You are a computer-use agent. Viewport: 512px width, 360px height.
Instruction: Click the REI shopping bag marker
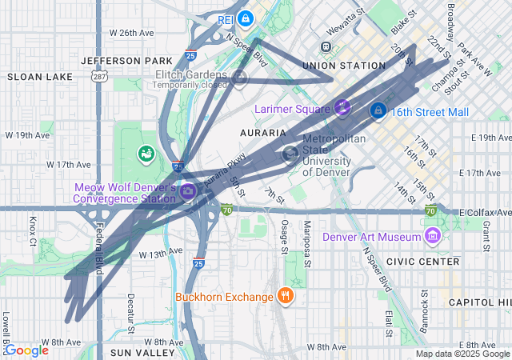(x=246, y=18)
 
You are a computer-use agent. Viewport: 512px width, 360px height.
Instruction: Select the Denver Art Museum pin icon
(x=433, y=236)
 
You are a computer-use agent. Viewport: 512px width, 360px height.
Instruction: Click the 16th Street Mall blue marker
(x=378, y=111)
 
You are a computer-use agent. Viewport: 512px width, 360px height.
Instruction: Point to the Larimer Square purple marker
(x=342, y=107)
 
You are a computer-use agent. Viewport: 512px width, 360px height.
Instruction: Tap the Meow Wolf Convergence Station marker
(x=188, y=191)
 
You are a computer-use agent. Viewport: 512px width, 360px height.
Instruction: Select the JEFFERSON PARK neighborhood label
(x=126, y=61)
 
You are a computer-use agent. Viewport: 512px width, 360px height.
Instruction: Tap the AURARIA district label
(x=262, y=132)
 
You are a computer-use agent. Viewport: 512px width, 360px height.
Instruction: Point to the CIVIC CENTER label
(x=422, y=262)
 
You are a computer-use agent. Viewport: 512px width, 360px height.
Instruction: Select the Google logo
(x=26, y=350)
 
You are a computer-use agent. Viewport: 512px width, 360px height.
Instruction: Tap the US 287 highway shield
(x=98, y=77)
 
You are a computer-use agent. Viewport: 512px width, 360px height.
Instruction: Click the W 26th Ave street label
(x=131, y=33)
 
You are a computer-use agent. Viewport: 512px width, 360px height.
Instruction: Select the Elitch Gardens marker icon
(x=240, y=77)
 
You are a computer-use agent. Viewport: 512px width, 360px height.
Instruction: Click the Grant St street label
(x=486, y=231)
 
